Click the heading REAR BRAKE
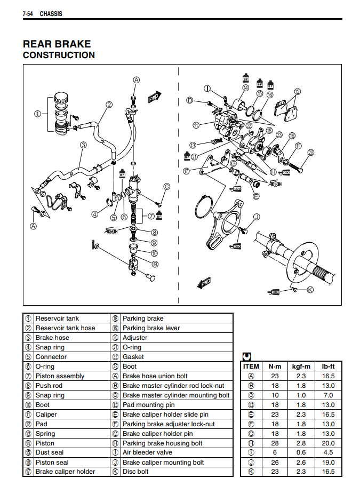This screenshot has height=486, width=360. pyautogui.click(x=57, y=44)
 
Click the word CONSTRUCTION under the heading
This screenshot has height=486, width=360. pyautogui.click(x=59, y=55)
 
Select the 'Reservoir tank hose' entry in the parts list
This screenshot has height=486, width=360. pyautogui.click(x=65, y=328)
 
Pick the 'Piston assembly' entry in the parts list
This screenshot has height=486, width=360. pyautogui.click(x=60, y=376)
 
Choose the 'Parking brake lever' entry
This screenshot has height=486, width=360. pyautogui.click(x=151, y=328)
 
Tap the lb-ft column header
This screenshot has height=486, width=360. pyautogui.click(x=328, y=367)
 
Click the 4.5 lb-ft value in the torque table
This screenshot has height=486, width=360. pyautogui.click(x=328, y=453)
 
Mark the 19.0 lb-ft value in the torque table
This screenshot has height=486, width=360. pyautogui.click(x=328, y=463)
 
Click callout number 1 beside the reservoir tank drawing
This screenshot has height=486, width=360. pyautogui.click(x=37, y=113)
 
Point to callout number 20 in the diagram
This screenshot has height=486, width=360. pyautogui.click(x=311, y=153)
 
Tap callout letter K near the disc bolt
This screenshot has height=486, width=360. pyautogui.click(x=310, y=290)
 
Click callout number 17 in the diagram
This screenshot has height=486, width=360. pyautogui.click(x=186, y=171)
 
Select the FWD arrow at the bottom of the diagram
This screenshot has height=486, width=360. pyautogui.click(x=205, y=282)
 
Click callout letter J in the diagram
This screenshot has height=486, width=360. pyautogui.click(x=256, y=217)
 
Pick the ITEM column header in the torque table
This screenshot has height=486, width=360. pyautogui.click(x=251, y=367)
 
